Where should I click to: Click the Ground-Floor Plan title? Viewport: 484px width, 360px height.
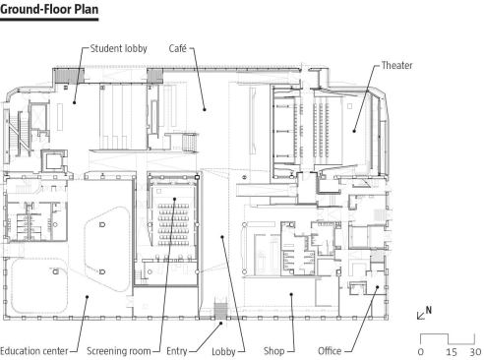coord(49,9)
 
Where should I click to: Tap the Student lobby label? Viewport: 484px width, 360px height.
coord(118,48)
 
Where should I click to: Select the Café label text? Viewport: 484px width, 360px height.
coord(178,48)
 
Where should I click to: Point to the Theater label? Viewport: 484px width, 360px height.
coord(396,65)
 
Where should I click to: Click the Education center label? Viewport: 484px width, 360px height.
coord(34,351)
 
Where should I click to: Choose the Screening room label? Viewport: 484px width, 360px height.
coord(119,351)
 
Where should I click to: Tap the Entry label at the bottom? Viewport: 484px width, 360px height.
coord(177,351)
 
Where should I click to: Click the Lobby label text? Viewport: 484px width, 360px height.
coord(223,352)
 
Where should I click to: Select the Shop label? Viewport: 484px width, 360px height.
coord(273,351)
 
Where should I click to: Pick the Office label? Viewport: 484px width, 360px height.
coord(330,351)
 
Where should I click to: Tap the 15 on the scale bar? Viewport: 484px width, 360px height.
coord(452,352)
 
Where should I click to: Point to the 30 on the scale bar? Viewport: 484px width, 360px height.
coord(475,352)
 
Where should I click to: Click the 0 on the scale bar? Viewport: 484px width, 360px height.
coord(421,352)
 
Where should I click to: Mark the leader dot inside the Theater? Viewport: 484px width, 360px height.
coord(354,131)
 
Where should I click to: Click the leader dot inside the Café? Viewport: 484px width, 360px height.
coord(205,109)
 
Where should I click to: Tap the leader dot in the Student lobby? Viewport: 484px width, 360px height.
coord(75,102)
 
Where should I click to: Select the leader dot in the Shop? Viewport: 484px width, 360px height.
coord(291,294)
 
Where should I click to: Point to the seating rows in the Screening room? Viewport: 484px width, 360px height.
coord(173,224)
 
